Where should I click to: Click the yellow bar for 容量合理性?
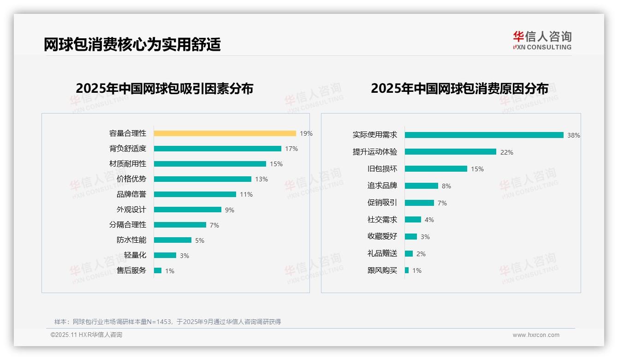click(x=225, y=133)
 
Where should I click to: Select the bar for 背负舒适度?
click(x=217, y=149)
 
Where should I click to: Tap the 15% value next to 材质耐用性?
click(x=276, y=164)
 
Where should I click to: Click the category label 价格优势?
click(x=131, y=179)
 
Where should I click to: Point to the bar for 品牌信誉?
click(x=195, y=194)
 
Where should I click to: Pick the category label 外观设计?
click(x=131, y=210)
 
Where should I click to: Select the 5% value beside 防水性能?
click(x=199, y=240)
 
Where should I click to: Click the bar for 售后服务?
click(x=158, y=270)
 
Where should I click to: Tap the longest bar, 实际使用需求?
click(x=484, y=135)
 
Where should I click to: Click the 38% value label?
click(x=573, y=136)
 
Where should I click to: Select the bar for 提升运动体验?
click(x=450, y=152)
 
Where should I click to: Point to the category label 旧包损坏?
click(x=382, y=169)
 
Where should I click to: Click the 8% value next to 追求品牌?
click(x=446, y=186)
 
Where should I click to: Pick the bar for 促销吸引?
click(x=419, y=203)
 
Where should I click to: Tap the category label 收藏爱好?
click(x=382, y=236)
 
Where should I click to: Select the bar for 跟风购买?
click(x=407, y=270)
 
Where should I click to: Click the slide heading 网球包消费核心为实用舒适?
click(x=132, y=44)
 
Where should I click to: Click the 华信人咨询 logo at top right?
click(x=542, y=40)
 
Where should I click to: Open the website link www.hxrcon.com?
click(x=535, y=335)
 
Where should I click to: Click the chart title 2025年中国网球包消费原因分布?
click(x=459, y=89)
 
